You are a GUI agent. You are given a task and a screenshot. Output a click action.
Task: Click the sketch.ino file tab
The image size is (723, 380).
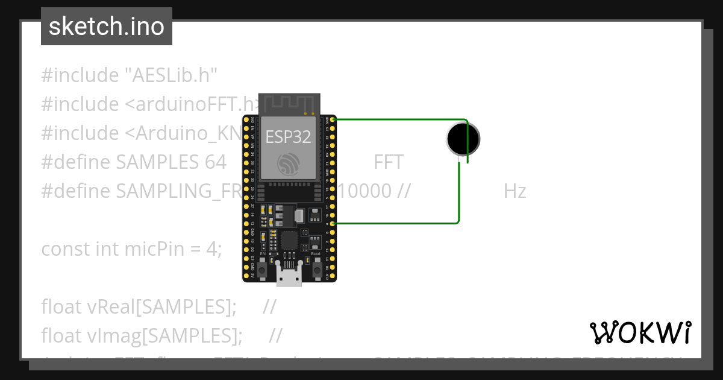(107, 27)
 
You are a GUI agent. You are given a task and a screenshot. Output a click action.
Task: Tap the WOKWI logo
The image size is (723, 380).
(640, 332)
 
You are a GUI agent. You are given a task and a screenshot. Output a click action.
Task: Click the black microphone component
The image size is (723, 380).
(463, 139)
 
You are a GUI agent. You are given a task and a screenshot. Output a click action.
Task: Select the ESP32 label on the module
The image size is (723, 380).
(288, 137)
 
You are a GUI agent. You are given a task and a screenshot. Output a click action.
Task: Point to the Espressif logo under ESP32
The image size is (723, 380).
(288, 163)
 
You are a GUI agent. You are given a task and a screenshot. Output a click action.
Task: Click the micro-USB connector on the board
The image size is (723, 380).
(289, 277)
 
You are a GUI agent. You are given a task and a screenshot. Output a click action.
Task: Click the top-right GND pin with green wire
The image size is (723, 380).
(333, 119)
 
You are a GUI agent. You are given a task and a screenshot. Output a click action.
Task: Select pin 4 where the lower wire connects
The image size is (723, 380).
(333, 224)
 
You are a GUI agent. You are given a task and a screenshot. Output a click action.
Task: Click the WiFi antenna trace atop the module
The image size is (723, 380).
(289, 103)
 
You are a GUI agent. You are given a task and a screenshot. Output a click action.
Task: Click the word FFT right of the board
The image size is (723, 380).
(388, 162)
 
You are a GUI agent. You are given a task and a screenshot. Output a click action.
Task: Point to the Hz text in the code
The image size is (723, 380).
(515, 191)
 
